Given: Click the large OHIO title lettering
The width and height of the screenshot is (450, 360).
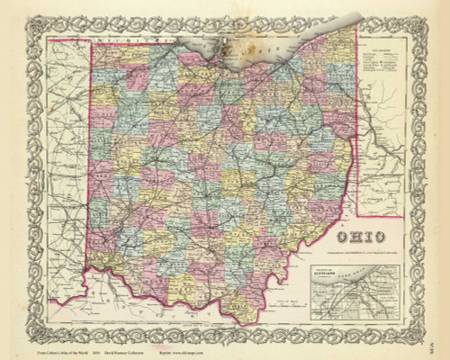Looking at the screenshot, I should point(358,237).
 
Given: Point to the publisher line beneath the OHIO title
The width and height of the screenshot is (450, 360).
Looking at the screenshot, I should point(358,251).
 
